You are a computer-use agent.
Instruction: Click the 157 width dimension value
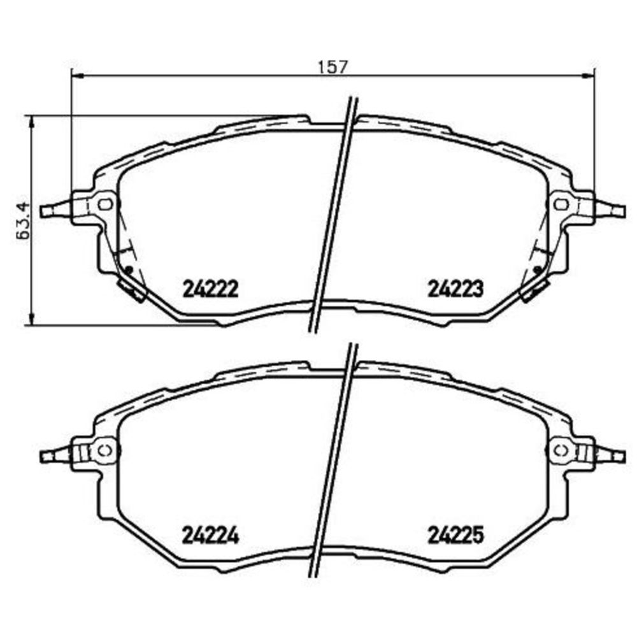[333, 67]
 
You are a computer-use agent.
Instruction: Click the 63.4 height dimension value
[24, 220]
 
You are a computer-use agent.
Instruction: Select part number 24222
[210, 289]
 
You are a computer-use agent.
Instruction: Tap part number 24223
[456, 289]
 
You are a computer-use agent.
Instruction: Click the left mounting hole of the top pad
[106, 204]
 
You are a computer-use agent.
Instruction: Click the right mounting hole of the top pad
[561, 204]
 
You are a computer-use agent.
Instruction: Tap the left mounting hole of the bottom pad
[106, 450]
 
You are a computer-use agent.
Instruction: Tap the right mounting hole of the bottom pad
[561, 450]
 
